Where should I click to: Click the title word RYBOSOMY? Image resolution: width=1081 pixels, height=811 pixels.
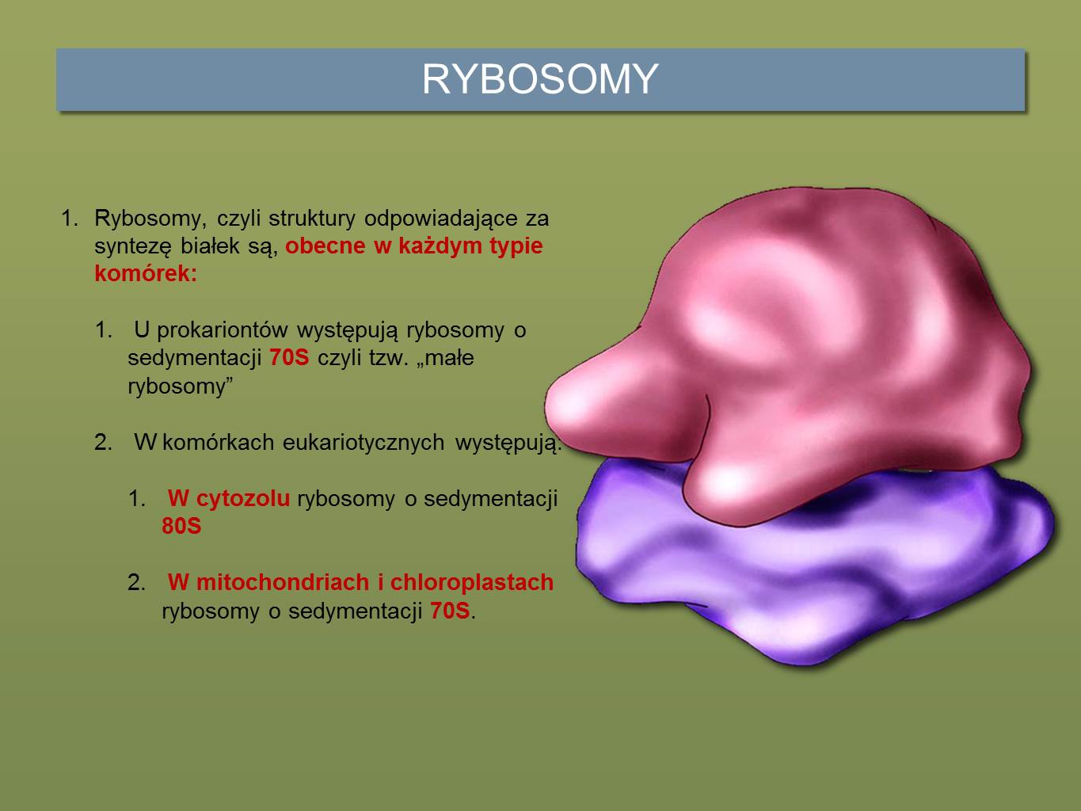pyautogui.click(x=540, y=79)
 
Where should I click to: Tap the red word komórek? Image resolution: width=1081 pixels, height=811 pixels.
pyautogui.click(x=146, y=273)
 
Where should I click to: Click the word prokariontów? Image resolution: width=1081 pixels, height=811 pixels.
pyautogui.click(x=222, y=330)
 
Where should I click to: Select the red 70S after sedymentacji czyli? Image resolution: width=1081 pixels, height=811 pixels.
pyautogui.click(x=289, y=357)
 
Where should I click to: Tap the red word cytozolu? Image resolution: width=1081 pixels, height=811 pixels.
pyautogui.click(x=243, y=499)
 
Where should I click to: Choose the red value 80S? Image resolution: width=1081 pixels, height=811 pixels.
pyautogui.click(x=181, y=527)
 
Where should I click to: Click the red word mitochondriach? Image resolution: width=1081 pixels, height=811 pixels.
pyautogui.click(x=282, y=583)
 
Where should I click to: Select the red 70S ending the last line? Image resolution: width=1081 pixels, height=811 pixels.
pyautogui.click(x=450, y=611)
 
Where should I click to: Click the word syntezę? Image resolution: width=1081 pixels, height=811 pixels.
pyautogui.click(x=132, y=246)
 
